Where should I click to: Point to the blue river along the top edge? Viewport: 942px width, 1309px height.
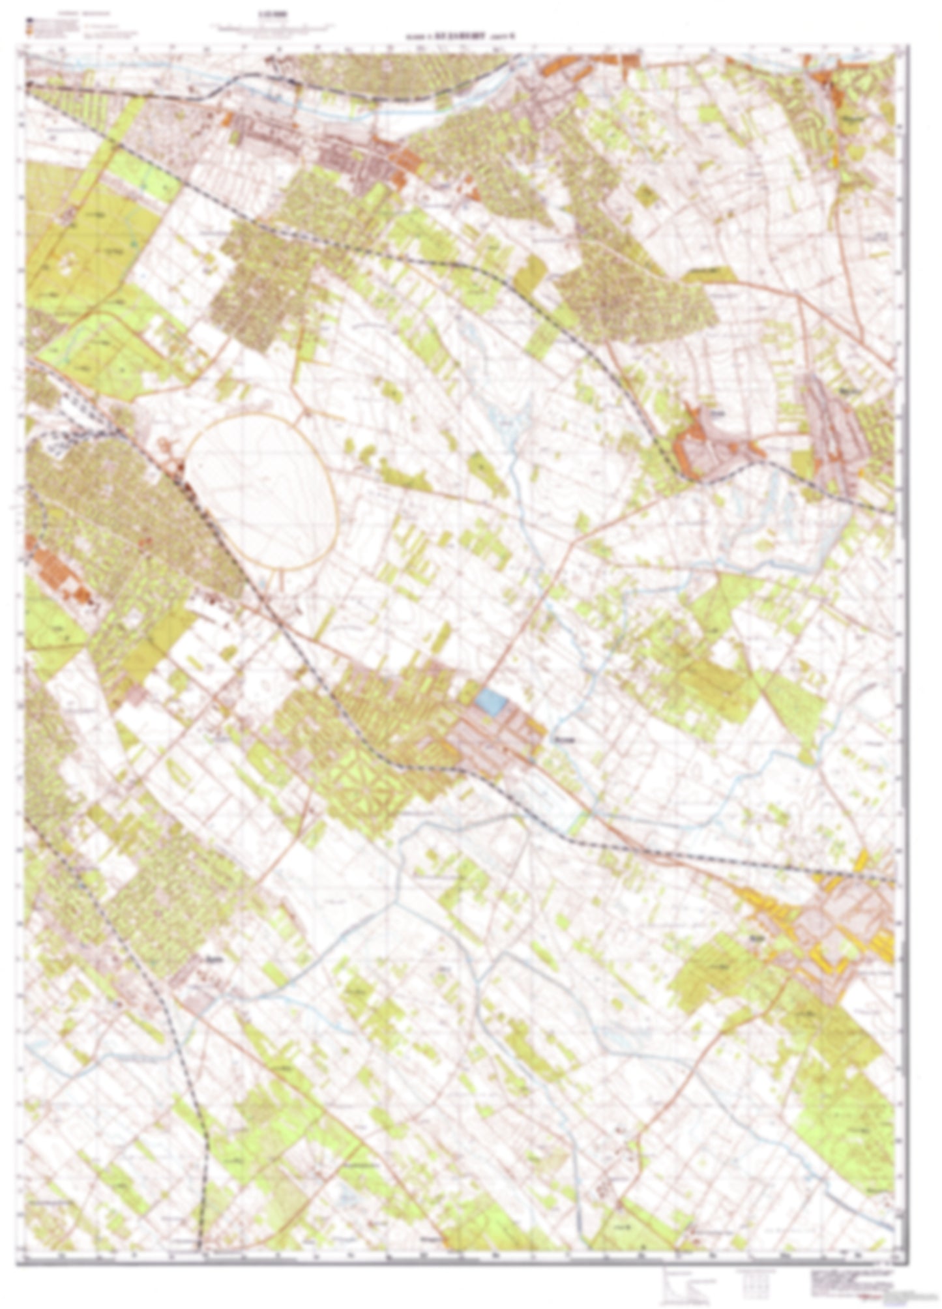coord(365,111)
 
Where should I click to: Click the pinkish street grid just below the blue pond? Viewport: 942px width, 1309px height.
coord(495,737)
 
